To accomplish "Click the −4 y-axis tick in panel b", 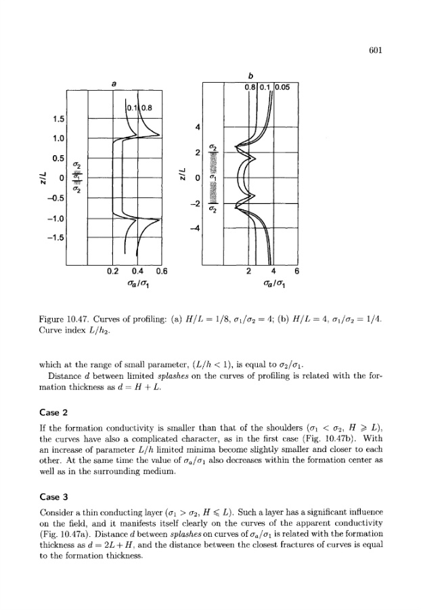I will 197,228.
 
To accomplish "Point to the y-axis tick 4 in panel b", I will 198,127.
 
